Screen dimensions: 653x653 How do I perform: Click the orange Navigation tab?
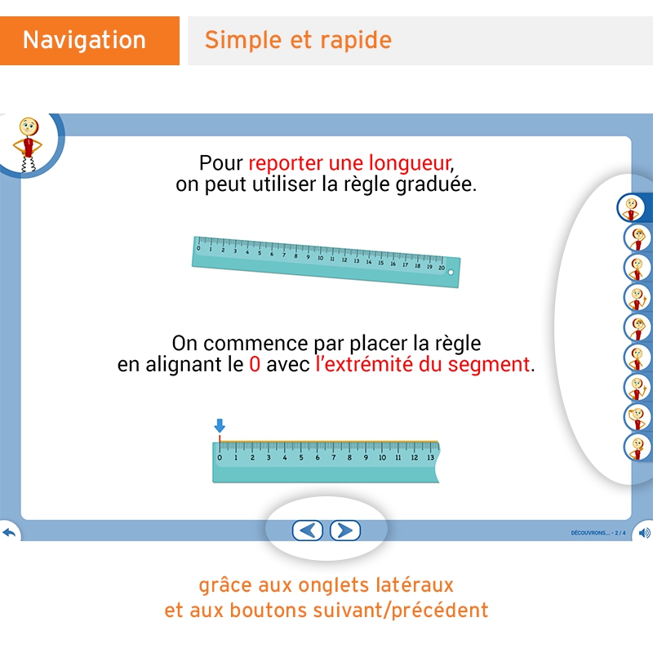pyautogui.click(x=85, y=40)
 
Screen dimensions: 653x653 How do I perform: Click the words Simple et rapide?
pyautogui.click(x=298, y=40)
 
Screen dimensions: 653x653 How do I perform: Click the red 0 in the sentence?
pyautogui.click(x=255, y=364)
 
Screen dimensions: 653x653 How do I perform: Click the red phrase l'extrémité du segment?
pyautogui.click(x=422, y=364)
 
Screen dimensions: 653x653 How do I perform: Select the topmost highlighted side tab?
pyautogui.click(x=631, y=208)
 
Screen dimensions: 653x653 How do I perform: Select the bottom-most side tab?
pyautogui.click(x=636, y=447)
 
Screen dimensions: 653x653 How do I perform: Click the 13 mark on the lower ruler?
pyautogui.click(x=430, y=458)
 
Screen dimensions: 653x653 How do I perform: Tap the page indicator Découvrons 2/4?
pyautogui.click(x=597, y=533)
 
